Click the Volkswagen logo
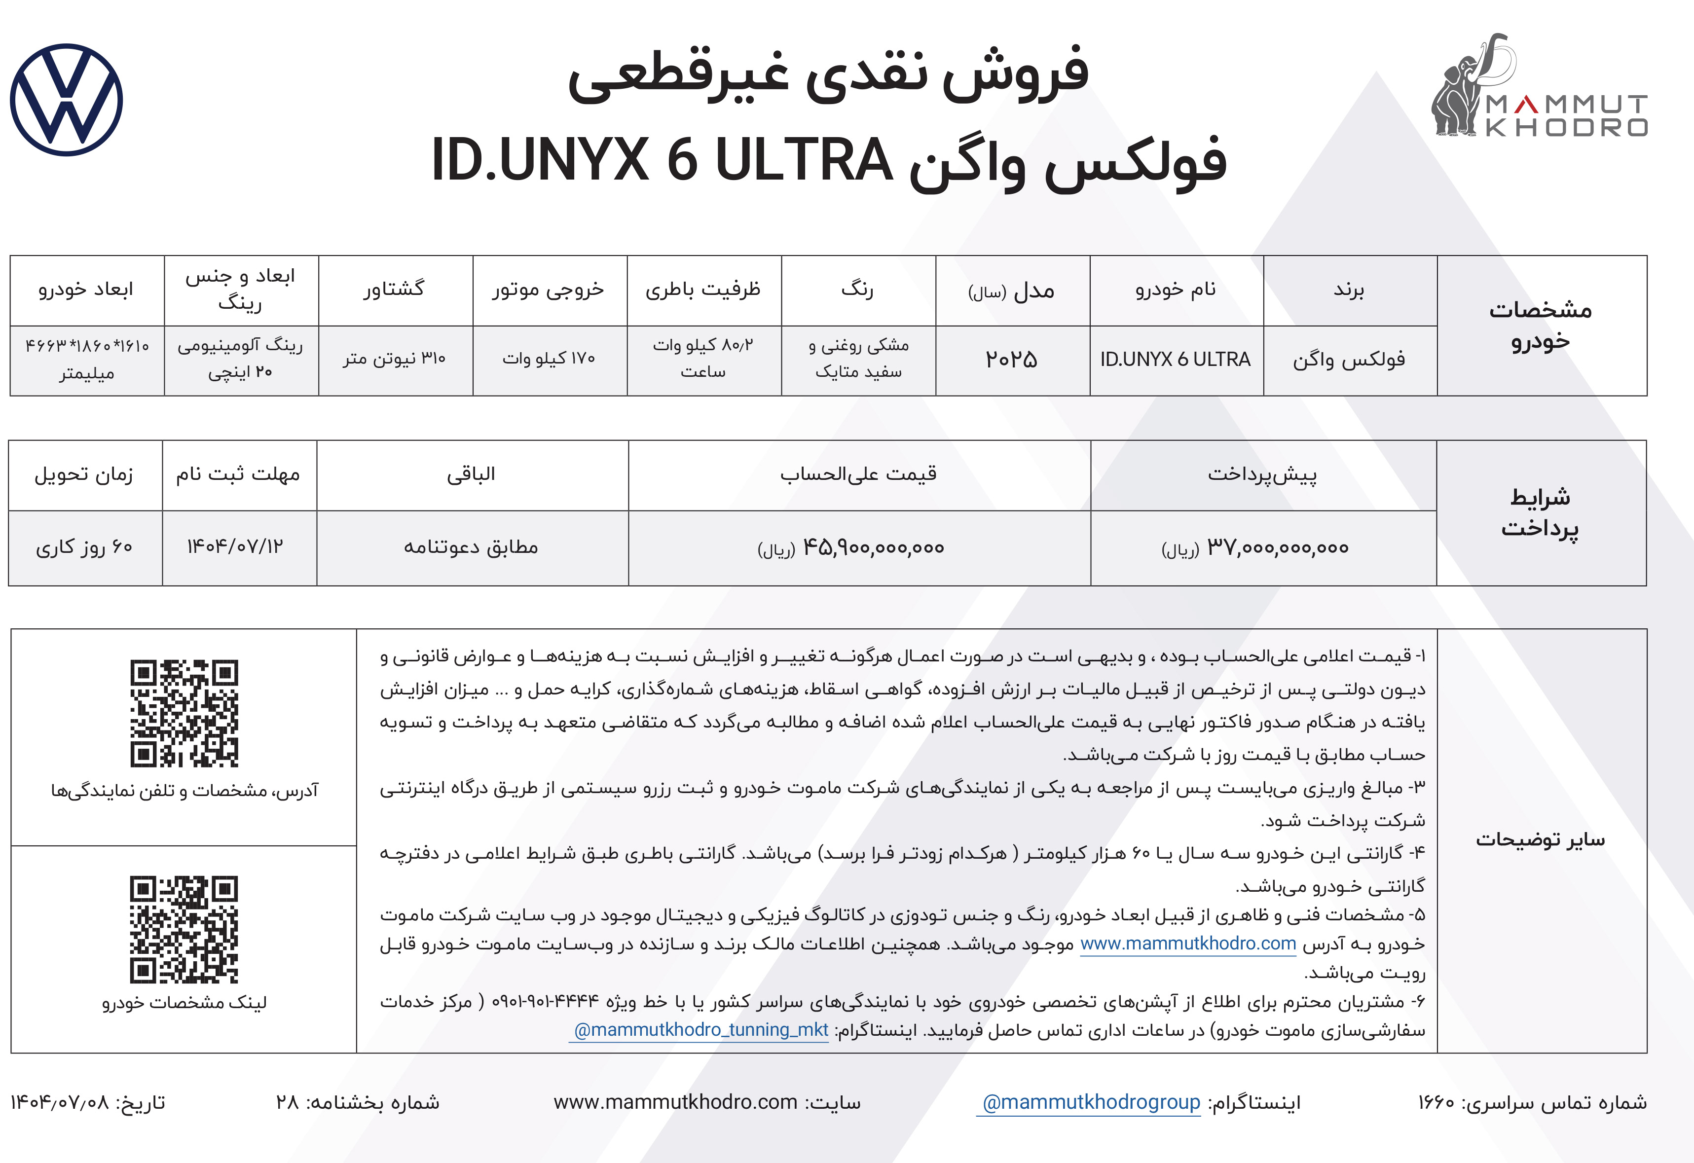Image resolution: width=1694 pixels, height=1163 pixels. [x=66, y=100]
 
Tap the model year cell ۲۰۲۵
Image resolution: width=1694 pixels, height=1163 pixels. [x=1012, y=359]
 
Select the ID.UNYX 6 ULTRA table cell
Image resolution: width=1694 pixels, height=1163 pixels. [x=1176, y=359]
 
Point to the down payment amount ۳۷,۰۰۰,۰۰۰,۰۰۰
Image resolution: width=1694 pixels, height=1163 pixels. [x=1278, y=547]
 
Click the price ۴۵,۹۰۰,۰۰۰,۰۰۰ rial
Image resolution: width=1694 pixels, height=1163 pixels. [x=873, y=547]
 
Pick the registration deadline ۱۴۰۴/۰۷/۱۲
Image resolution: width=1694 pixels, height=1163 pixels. [x=235, y=546]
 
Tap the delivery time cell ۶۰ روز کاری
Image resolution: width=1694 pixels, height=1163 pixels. [x=84, y=547]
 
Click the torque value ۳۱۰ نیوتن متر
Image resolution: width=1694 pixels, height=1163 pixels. [x=394, y=359]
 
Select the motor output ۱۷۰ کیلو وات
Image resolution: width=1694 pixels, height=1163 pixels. [x=549, y=359]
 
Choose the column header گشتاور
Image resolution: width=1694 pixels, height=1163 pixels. [x=394, y=290]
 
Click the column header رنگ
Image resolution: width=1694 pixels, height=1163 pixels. [x=857, y=290]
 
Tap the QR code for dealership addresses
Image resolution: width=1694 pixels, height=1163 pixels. [x=184, y=713]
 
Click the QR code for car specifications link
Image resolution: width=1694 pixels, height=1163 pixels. [x=184, y=929]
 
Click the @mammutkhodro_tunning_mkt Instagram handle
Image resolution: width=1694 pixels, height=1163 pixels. [x=700, y=1030]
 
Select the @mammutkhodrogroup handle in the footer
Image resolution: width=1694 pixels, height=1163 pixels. [x=1091, y=1102]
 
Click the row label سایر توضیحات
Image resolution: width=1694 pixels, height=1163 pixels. [x=1540, y=840]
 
